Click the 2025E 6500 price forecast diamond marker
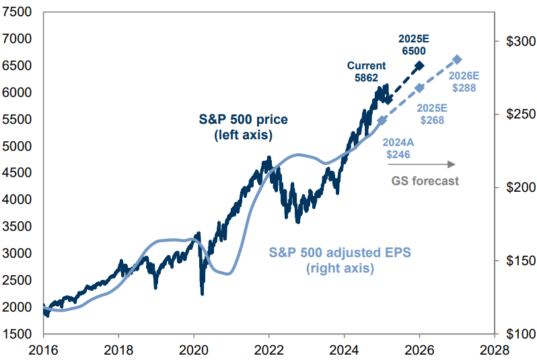tap(419, 65)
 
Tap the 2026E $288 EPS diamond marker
tap(457, 59)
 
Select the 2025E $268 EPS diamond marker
tap(419, 88)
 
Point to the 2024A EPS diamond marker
tap(382, 120)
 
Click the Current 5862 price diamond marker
tap(388, 100)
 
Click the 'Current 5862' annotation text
tap(366, 71)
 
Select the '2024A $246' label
tap(398, 148)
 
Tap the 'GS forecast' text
tap(425, 180)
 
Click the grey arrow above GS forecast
tap(425, 164)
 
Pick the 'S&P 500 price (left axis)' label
tap(243, 126)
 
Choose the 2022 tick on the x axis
tap(269, 350)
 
